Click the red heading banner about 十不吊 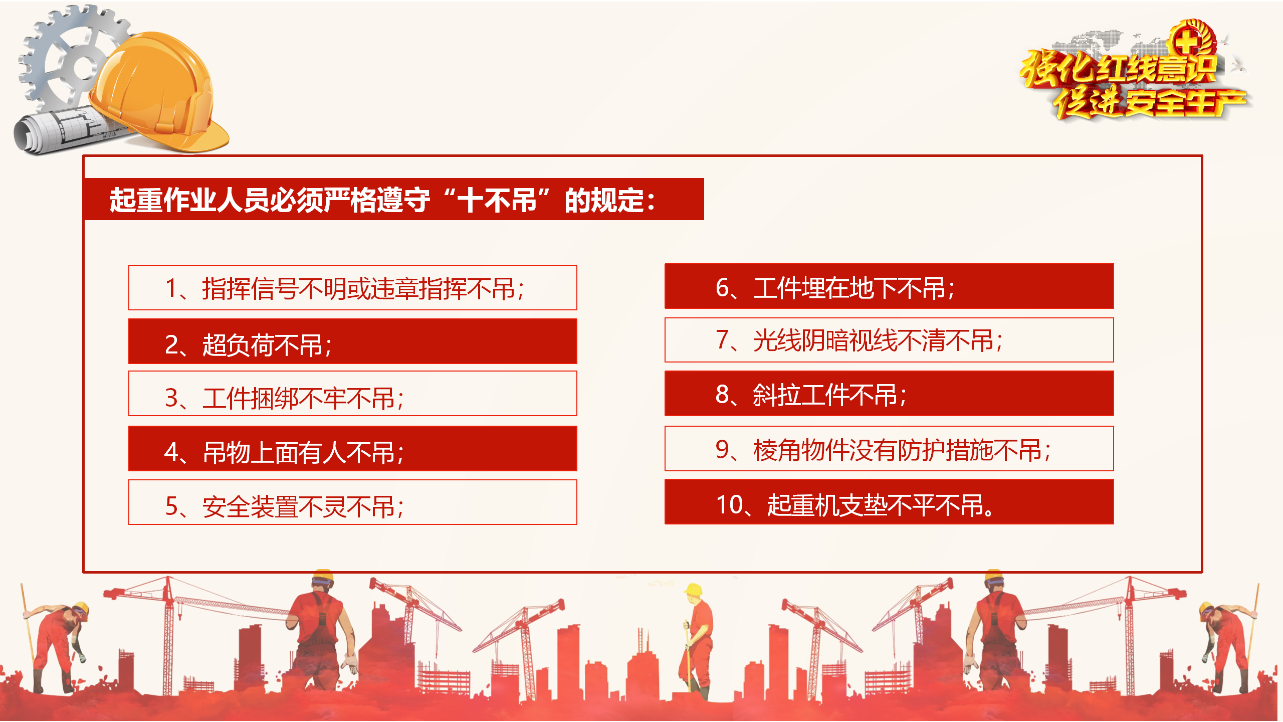[394, 199]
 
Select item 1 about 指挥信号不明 [353, 288]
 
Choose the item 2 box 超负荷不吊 [353, 341]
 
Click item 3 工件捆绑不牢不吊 [353, 394]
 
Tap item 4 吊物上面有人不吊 [353, 449]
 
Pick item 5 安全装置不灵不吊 [353, 502]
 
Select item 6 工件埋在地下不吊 [889, 286]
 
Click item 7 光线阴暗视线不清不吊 [889, 340]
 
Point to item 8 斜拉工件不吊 [889, 394]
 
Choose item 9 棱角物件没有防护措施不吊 [889, 449]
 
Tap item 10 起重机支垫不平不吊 [889, 502]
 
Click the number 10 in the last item [730, 504]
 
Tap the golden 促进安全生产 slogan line [1151, 102]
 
